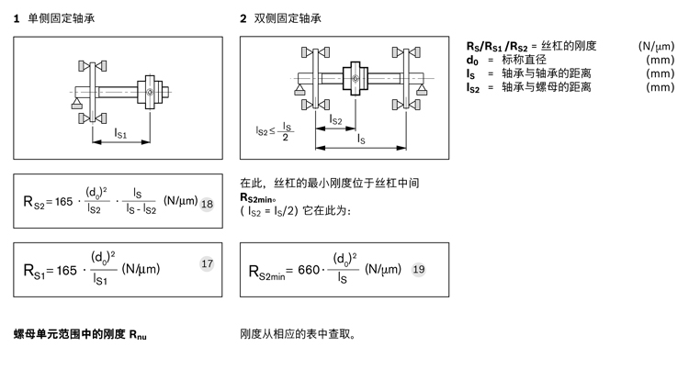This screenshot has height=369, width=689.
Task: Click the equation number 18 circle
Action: [x=207, y=203]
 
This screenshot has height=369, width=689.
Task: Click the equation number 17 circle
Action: [x=207, y=263]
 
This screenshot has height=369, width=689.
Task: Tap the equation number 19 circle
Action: [x=418, y=269]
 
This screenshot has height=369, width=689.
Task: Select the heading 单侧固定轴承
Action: [x=61, y=18]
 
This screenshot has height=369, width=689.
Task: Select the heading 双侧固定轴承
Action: [x=288, y=18]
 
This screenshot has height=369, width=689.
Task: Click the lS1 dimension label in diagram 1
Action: [x=120, y=134]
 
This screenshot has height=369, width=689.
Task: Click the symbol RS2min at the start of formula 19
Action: [x=265, y=272]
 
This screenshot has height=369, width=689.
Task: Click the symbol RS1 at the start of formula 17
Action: [x=37, y=271]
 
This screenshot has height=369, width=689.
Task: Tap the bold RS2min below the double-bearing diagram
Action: [x=259, y=196]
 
